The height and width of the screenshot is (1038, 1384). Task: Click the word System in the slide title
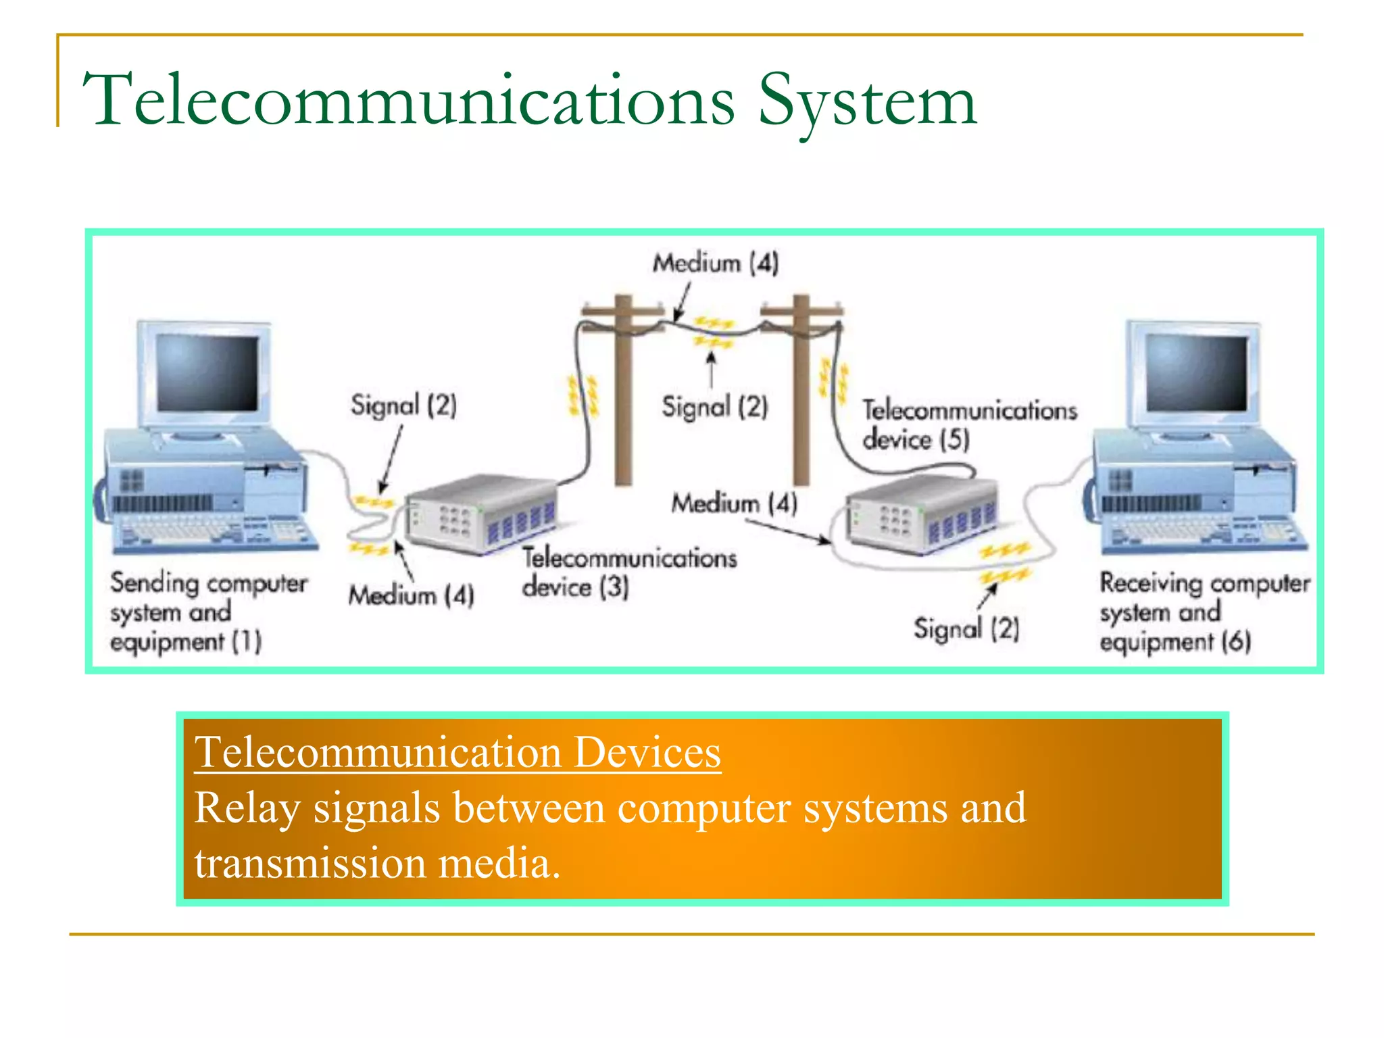point(867,101)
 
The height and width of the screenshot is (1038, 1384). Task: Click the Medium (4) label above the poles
point(715,263)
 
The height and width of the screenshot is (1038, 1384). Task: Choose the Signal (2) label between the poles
point(714,407)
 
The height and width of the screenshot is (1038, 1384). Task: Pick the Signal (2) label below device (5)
point(966,628)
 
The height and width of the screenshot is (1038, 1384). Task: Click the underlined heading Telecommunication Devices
point(458,752)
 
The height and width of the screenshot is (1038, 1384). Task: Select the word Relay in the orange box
point(247,808)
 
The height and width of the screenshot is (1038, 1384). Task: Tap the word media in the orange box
point(498,864)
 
